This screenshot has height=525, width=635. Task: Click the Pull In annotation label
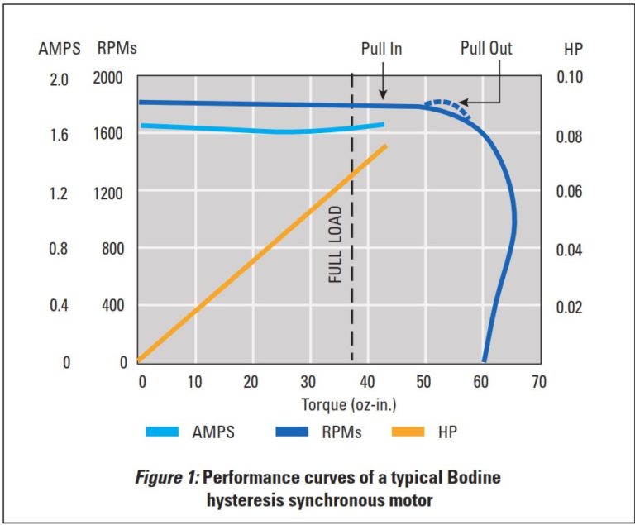point(381,49)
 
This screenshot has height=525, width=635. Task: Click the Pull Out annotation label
point(485,49)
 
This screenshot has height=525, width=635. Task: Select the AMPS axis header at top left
point(59,49)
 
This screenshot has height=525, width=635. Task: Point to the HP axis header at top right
point(573,49)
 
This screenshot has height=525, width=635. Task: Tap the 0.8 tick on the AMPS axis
point(60,249)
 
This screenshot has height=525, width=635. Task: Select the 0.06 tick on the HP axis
point(567,192)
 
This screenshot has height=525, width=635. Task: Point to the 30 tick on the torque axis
point(308,382)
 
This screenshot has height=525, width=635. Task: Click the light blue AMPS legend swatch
point(168,431)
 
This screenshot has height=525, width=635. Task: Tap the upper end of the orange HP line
point(384,147)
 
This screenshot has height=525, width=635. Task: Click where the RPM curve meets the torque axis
point(485,360)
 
